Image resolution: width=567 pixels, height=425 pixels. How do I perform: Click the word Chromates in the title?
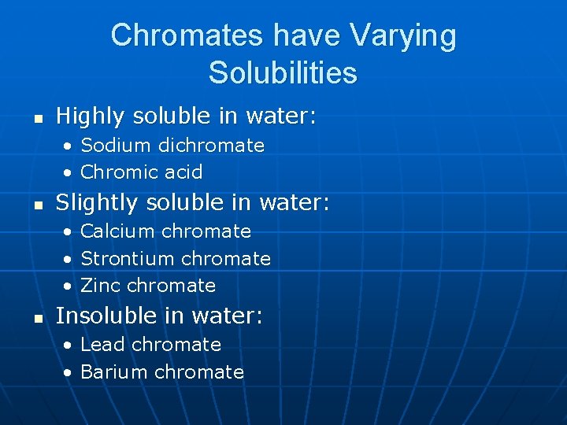tap(187, 35)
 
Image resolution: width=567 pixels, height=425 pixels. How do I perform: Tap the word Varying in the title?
tap(402, 35)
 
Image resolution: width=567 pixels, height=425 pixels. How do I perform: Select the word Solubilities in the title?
tap(283, 73)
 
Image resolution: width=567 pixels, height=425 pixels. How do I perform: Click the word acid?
tap(184, 172)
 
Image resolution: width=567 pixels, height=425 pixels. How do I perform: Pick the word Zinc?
tap(101, 285)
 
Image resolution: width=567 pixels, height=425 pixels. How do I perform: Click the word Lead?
tap(103, 345)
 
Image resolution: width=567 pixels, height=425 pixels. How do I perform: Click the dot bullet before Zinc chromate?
tap(70, 286)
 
